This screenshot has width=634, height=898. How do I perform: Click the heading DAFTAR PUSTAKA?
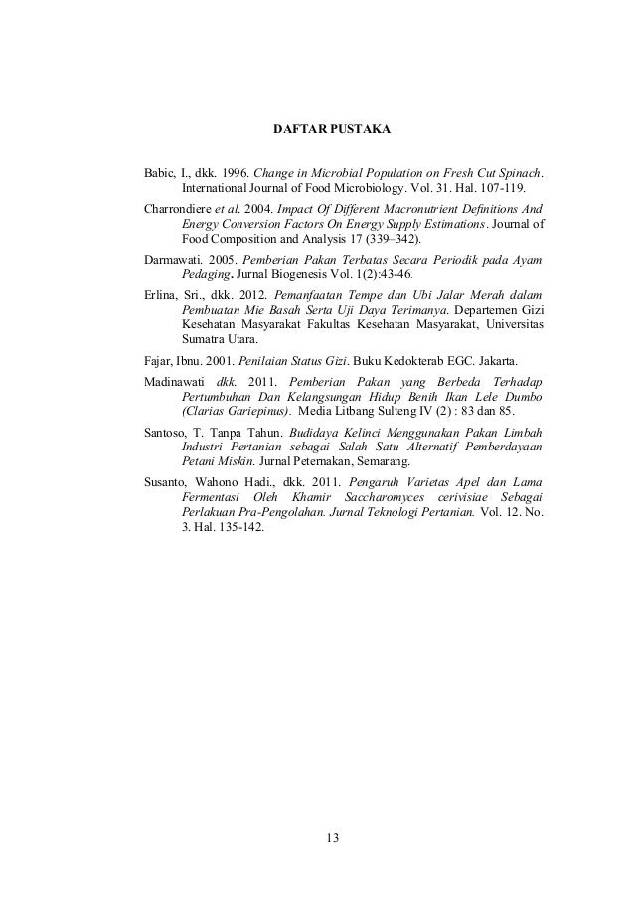[332, 130]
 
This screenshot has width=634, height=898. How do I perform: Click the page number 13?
[332, 838]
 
